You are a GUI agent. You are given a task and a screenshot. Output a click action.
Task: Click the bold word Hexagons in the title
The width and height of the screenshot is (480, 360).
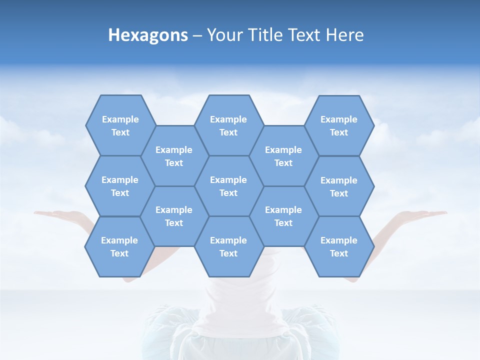[148, 35]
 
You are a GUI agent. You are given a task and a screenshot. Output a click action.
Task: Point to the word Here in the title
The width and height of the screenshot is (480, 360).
[344, 35]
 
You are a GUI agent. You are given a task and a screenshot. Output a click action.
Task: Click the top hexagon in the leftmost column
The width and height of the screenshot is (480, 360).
[120, 125]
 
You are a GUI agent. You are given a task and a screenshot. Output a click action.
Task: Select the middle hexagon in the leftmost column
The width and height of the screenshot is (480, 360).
[120, 186]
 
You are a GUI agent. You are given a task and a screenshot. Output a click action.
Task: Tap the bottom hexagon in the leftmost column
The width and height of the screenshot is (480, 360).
[119, 246]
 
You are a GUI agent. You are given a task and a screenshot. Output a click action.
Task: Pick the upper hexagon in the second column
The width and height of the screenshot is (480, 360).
[174, 156]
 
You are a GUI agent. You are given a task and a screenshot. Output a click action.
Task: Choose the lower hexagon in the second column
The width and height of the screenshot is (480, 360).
[174, 216]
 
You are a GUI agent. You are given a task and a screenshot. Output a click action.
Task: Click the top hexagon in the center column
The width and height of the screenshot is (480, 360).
[228, 125]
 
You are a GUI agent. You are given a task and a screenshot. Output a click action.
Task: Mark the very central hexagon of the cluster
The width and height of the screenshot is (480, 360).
[228, 186]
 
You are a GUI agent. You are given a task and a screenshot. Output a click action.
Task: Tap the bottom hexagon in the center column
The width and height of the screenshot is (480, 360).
[228, 246]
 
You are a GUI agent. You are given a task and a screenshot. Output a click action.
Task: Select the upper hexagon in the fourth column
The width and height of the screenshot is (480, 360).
[283, 156]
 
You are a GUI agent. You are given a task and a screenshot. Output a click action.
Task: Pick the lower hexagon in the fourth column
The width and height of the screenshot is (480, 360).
[283, 216]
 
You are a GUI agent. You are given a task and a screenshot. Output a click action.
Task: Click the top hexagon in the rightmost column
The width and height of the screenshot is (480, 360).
[339, 125]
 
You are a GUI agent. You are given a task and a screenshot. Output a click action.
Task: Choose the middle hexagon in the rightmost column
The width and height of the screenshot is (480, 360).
[339, 186]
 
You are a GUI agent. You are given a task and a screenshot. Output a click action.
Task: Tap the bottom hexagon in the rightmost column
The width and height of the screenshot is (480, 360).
[339, 246]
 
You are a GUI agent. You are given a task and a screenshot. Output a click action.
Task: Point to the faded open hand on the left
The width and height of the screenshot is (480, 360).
[57, 214]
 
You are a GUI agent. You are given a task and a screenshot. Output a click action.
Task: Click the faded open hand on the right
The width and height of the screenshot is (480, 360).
[422, 214]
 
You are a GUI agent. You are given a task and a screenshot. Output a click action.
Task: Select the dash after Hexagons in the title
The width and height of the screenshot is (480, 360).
[197, 36]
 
